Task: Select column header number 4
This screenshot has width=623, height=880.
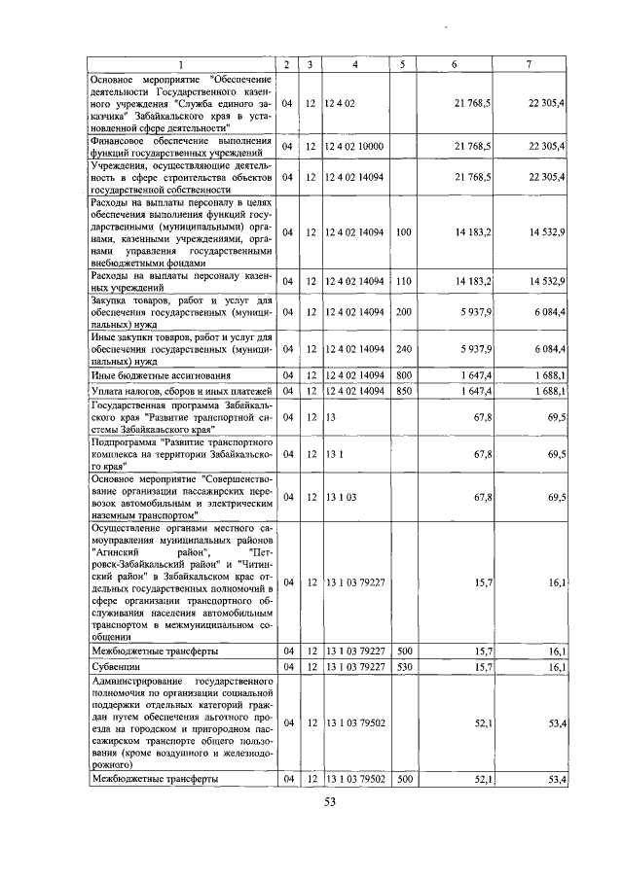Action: click(355, 64)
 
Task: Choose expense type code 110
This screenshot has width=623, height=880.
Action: click(404, 281)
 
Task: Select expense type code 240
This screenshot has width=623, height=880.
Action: click(404, 347)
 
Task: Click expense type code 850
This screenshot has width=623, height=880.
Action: click(404, 390)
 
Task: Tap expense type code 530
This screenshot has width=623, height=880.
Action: click(404, 666)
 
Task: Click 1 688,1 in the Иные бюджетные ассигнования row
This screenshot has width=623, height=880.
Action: click(549, 374)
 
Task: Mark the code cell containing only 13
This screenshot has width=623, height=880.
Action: click(331, 415)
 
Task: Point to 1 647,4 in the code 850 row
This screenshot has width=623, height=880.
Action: click(472, 390)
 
